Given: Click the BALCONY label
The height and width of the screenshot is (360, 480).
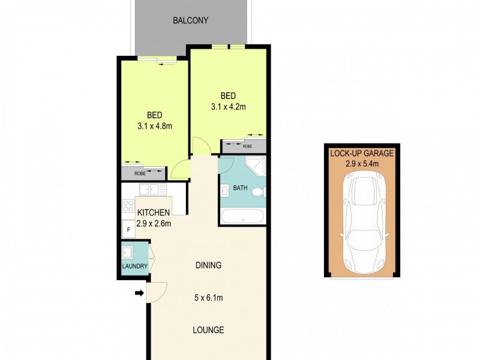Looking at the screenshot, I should (190, 20).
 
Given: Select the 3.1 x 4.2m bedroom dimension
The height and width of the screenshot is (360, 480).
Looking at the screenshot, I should (228, 107).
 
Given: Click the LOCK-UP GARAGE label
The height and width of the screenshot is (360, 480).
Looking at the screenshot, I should (362, 153).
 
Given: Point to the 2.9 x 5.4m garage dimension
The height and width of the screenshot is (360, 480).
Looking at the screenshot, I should (362, 163).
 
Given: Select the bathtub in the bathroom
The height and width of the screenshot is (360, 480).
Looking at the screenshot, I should (242, 216).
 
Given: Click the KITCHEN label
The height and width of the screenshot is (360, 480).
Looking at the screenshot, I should (154, 213).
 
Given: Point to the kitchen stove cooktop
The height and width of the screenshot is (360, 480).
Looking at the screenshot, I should (128, 206).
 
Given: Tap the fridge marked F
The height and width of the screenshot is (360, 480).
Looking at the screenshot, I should (128, 228).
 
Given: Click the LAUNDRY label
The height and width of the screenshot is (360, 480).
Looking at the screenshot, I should (134, 266).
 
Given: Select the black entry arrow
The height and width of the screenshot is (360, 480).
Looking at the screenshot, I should (139, 293).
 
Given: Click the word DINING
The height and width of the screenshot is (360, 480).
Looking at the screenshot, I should (208, 265).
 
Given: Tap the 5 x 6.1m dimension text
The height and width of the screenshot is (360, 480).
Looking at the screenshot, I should (208, 298).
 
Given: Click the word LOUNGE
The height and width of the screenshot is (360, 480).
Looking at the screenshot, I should (208, 330).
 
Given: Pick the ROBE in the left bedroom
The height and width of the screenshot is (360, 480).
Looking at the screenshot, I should (140, 173).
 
